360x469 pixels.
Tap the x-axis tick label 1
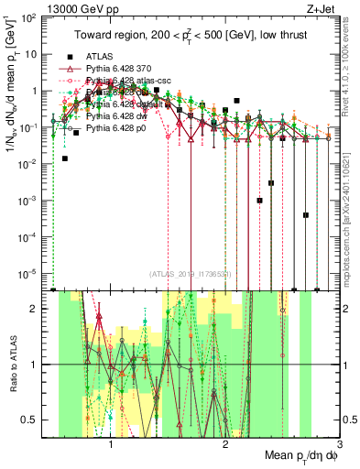point(111,444)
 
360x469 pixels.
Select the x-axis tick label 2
point(225,444)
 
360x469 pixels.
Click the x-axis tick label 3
point(338,444)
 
